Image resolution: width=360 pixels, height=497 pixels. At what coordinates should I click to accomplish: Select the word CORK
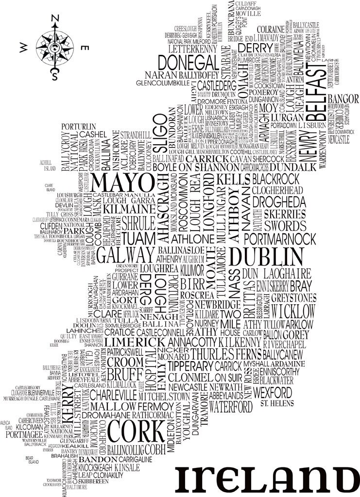tap(136, 431)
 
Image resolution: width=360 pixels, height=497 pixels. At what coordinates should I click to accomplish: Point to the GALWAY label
tap(125, 255)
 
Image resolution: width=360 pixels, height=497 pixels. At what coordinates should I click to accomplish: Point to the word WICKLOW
tap(293, 311)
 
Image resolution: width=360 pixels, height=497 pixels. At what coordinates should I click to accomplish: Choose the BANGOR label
tap(343, 99)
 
